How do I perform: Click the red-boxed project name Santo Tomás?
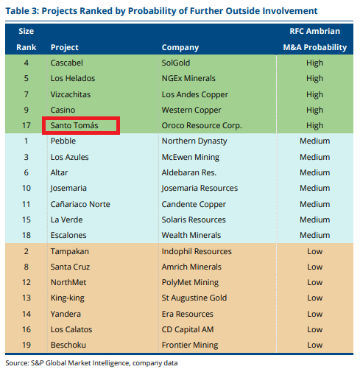pyautogui.click(x=74, y=125)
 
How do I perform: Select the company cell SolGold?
pyautogui.click(x=176, y=63)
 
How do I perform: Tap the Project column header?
pyautogui.click(x=65, y=47)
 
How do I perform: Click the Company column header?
pyautogui.click(x=180, y=47)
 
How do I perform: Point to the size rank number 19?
pyautogui.click(x=27, y=345)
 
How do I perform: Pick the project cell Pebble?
pyautogui.click(x=63, y=141)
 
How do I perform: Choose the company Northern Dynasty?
pyautogui.click(x=194, y=141)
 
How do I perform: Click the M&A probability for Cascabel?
pyautogui.click(x=314, y=63)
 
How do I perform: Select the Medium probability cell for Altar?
pyautogui.click(x=314, y=172)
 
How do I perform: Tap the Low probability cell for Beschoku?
pyautogui.click(x=314, y=345)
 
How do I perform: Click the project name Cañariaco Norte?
pyautogui.click(x=80, y=204)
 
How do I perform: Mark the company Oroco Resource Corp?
pyautogui.click(x=202, y=125)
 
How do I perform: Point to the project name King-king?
pyautogui.click(x=68, y=298)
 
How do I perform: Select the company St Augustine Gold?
pyautogui.click(x=194, y=298)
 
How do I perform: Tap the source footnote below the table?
pyautogui.click(x=91, y=363)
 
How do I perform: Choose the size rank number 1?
pyautogui.click(x=27, y=141)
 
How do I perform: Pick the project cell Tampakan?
pyautogui.click(x=70, y=251)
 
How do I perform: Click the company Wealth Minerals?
pyautogui.click(x=191, y=235)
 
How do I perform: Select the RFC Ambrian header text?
pyautogui.click(x=315, y=31)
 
